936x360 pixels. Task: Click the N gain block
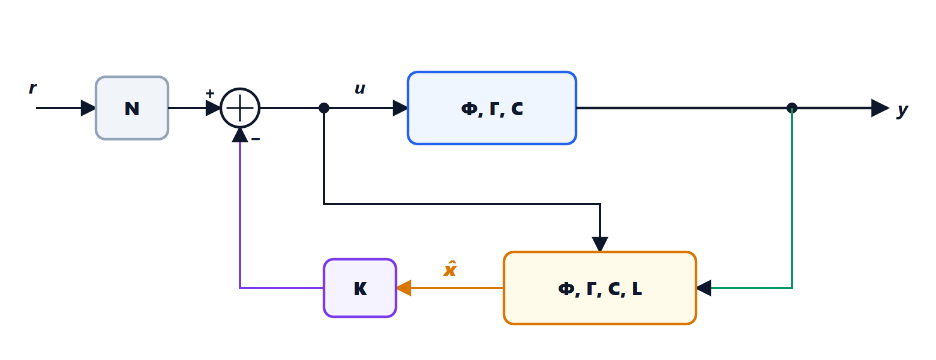[132, 108]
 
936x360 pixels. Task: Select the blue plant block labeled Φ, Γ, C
[492, 108]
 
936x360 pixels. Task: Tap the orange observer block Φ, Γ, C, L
[599, 288]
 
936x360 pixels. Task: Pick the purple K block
[360, 288]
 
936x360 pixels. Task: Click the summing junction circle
[240, 108]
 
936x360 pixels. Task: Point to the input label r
[32, 88]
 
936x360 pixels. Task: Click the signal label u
[360, 89]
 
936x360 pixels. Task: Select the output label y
[902, 110]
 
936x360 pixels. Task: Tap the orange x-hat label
[450, 269]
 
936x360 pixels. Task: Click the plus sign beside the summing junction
[210, 93]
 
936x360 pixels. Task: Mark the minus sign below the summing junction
[256, 139]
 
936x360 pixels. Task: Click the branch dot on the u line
[324, 108]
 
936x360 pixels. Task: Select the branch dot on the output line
[792, 108]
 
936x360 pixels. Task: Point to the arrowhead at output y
[880, 108]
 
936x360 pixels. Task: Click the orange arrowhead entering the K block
[404, 288]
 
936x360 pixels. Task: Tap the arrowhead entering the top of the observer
[600, 244]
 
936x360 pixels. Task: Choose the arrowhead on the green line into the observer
[704, 288]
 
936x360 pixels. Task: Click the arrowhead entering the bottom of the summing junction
[240, 135]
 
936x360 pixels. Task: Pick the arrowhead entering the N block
[88, 108]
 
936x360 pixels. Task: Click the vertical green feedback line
[792, 198]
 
